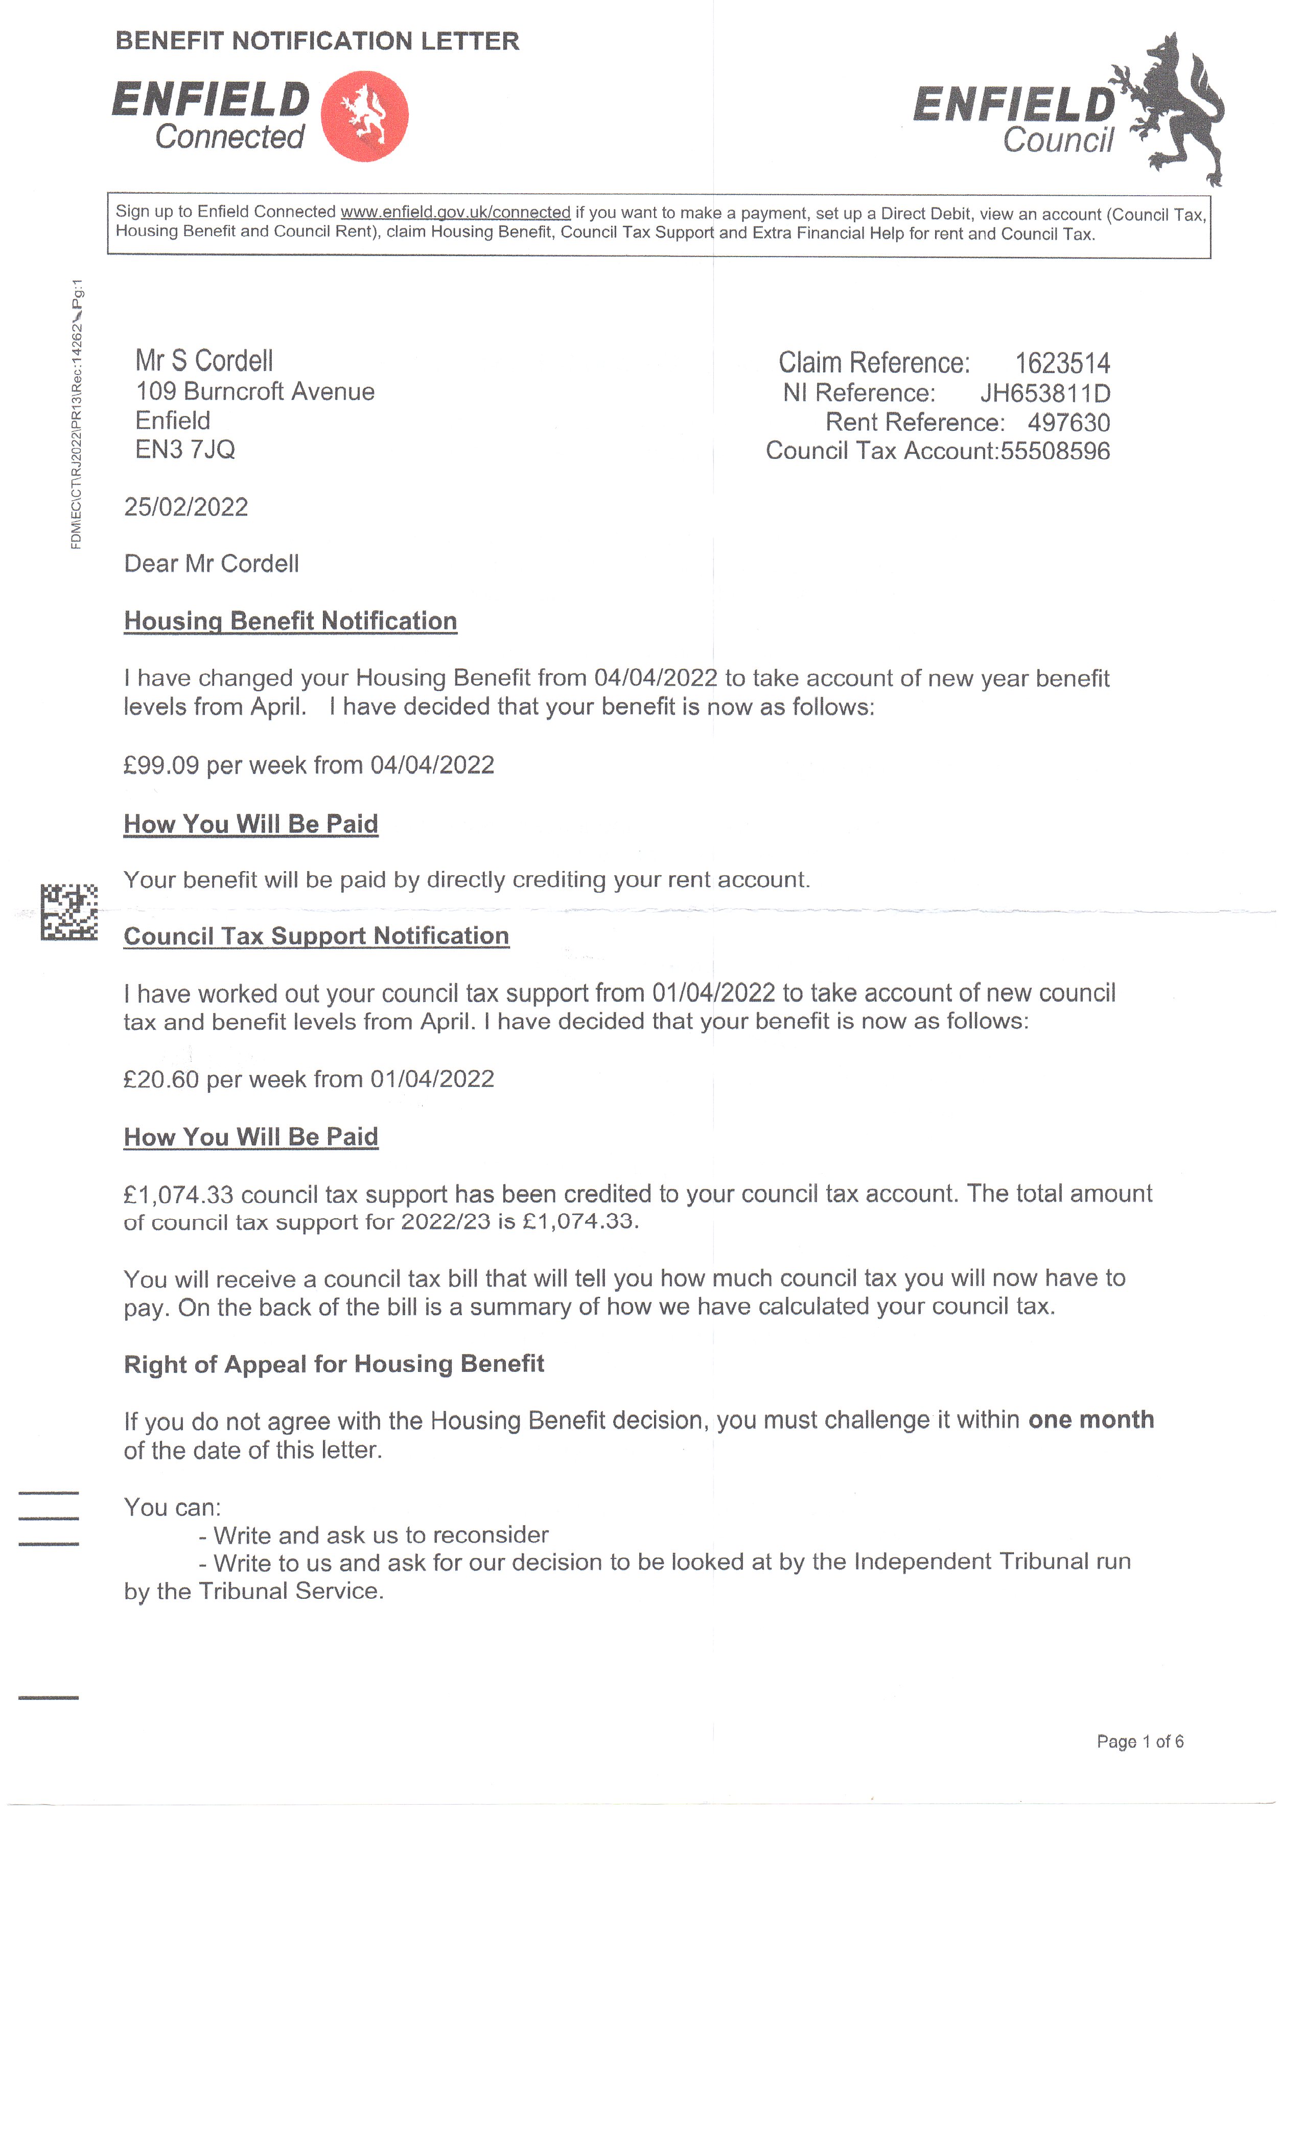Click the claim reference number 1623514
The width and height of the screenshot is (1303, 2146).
coord(1062,363)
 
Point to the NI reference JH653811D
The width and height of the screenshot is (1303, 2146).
coord(1044,393)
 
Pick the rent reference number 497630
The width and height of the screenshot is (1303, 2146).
coord(1068,423)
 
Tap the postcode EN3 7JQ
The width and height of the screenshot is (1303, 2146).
coord(184,450)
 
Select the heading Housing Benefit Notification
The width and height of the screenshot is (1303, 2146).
coord(290,621)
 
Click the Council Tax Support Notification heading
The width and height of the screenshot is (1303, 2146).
coord(316,936)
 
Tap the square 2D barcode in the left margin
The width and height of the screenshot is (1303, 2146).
coord(69,912)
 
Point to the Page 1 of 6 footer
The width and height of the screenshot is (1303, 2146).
coord(1139,1742)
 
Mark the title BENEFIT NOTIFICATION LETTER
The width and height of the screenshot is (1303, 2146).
coord(317,41)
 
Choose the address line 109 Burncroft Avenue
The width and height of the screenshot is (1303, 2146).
coord(254,392)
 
